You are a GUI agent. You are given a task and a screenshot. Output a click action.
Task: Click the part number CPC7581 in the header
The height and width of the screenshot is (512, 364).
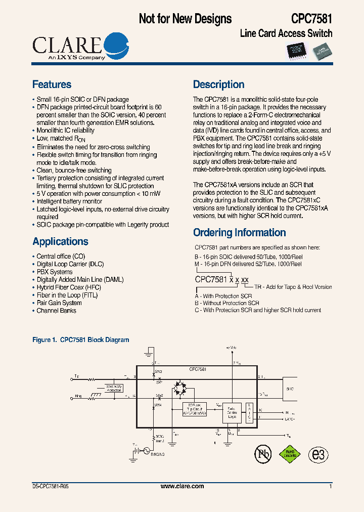tap(311, 19)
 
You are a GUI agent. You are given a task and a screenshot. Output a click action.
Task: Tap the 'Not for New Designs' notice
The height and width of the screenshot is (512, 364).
tap(185, 19)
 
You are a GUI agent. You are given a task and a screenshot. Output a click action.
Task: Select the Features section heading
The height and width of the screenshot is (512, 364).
tap(52, 84)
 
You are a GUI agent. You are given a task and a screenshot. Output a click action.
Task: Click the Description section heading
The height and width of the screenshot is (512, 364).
tap(218, 84)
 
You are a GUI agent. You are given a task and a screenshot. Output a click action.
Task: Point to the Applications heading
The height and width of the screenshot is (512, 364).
tap(60, 241)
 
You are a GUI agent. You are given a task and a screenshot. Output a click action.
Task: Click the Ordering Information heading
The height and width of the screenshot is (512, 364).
tap(239, 233)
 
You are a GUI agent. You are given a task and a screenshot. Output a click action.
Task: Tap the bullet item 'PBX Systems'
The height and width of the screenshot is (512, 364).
tap(54, 272)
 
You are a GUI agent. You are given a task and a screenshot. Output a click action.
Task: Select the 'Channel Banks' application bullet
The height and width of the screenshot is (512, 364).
tap(56, 311)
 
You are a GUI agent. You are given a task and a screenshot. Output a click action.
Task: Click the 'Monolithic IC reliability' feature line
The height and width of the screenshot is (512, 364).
tap(65, 131)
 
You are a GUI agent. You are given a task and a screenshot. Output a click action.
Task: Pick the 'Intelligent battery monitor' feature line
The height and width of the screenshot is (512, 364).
tap(69, 201)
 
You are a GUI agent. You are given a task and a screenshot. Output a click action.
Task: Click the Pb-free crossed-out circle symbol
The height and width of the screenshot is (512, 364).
tap(262, 454)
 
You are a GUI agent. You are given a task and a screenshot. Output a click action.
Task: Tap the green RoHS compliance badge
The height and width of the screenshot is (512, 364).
tap(290, 454)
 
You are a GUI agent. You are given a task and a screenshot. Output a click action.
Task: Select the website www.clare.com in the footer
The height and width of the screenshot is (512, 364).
tap(182, 486)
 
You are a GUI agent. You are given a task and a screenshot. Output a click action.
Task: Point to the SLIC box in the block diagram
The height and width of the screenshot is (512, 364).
tap(289, 389)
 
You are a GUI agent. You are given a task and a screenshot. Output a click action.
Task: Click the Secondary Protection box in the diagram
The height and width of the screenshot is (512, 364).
tap(114, 389)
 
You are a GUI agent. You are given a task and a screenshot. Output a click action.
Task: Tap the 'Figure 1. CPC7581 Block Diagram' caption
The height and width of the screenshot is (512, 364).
tap(80, 340)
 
